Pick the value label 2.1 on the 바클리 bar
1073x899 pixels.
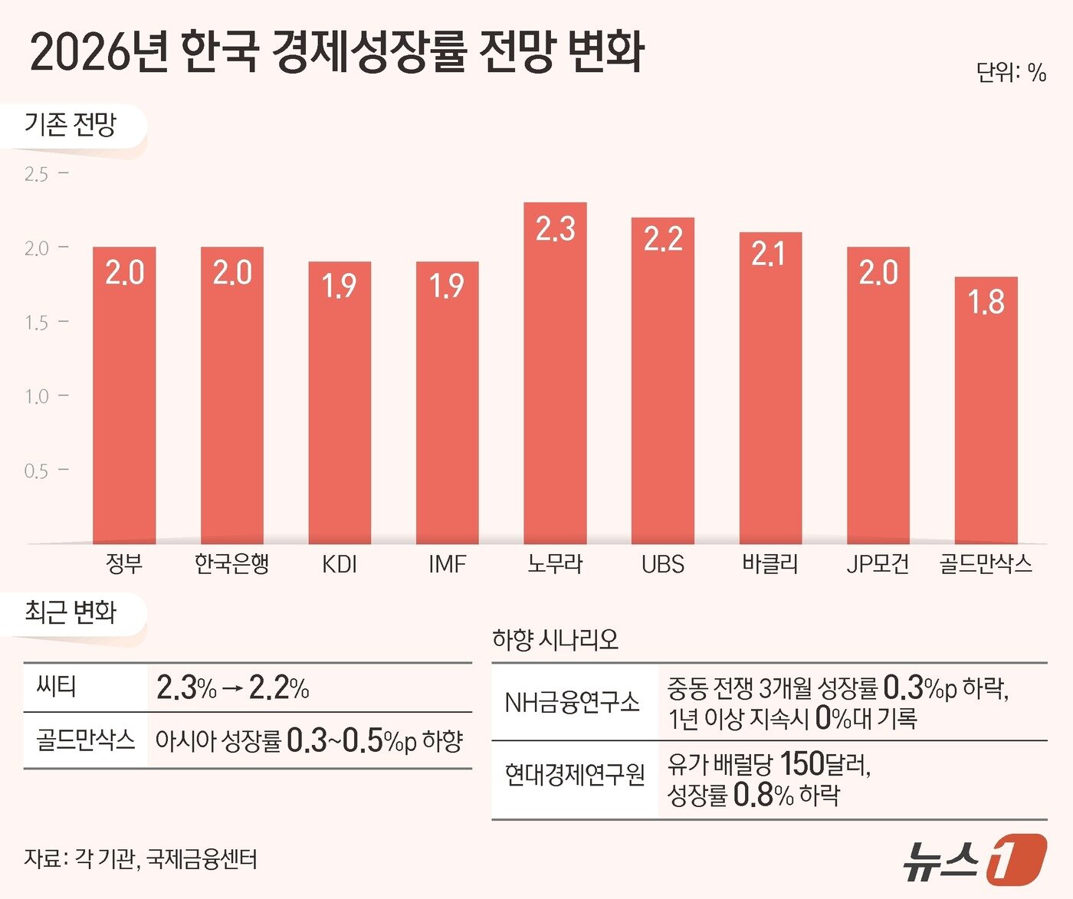(x=769, y=254)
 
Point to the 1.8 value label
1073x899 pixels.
(x=986, y=301)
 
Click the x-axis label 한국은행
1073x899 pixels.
(x=231, y=564)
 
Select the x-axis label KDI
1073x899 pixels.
(x=340, y=565)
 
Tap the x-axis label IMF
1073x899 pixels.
(x=447, y=565)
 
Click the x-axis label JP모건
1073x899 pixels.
(x=878, y=565)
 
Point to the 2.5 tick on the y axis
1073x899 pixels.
(x=36, y=174)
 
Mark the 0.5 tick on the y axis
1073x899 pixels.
(x=36, y=471)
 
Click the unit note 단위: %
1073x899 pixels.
(x=1011, y=73)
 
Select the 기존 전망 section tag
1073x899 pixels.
(x=71, y=124)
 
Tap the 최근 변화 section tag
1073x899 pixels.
(x=71, y=612)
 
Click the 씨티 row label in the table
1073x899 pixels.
(x=57, y=685)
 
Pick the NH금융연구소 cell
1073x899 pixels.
(x=572, y=702)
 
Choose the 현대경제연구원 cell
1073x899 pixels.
(x=575, y=776)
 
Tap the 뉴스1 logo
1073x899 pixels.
(x=974, y=859)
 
